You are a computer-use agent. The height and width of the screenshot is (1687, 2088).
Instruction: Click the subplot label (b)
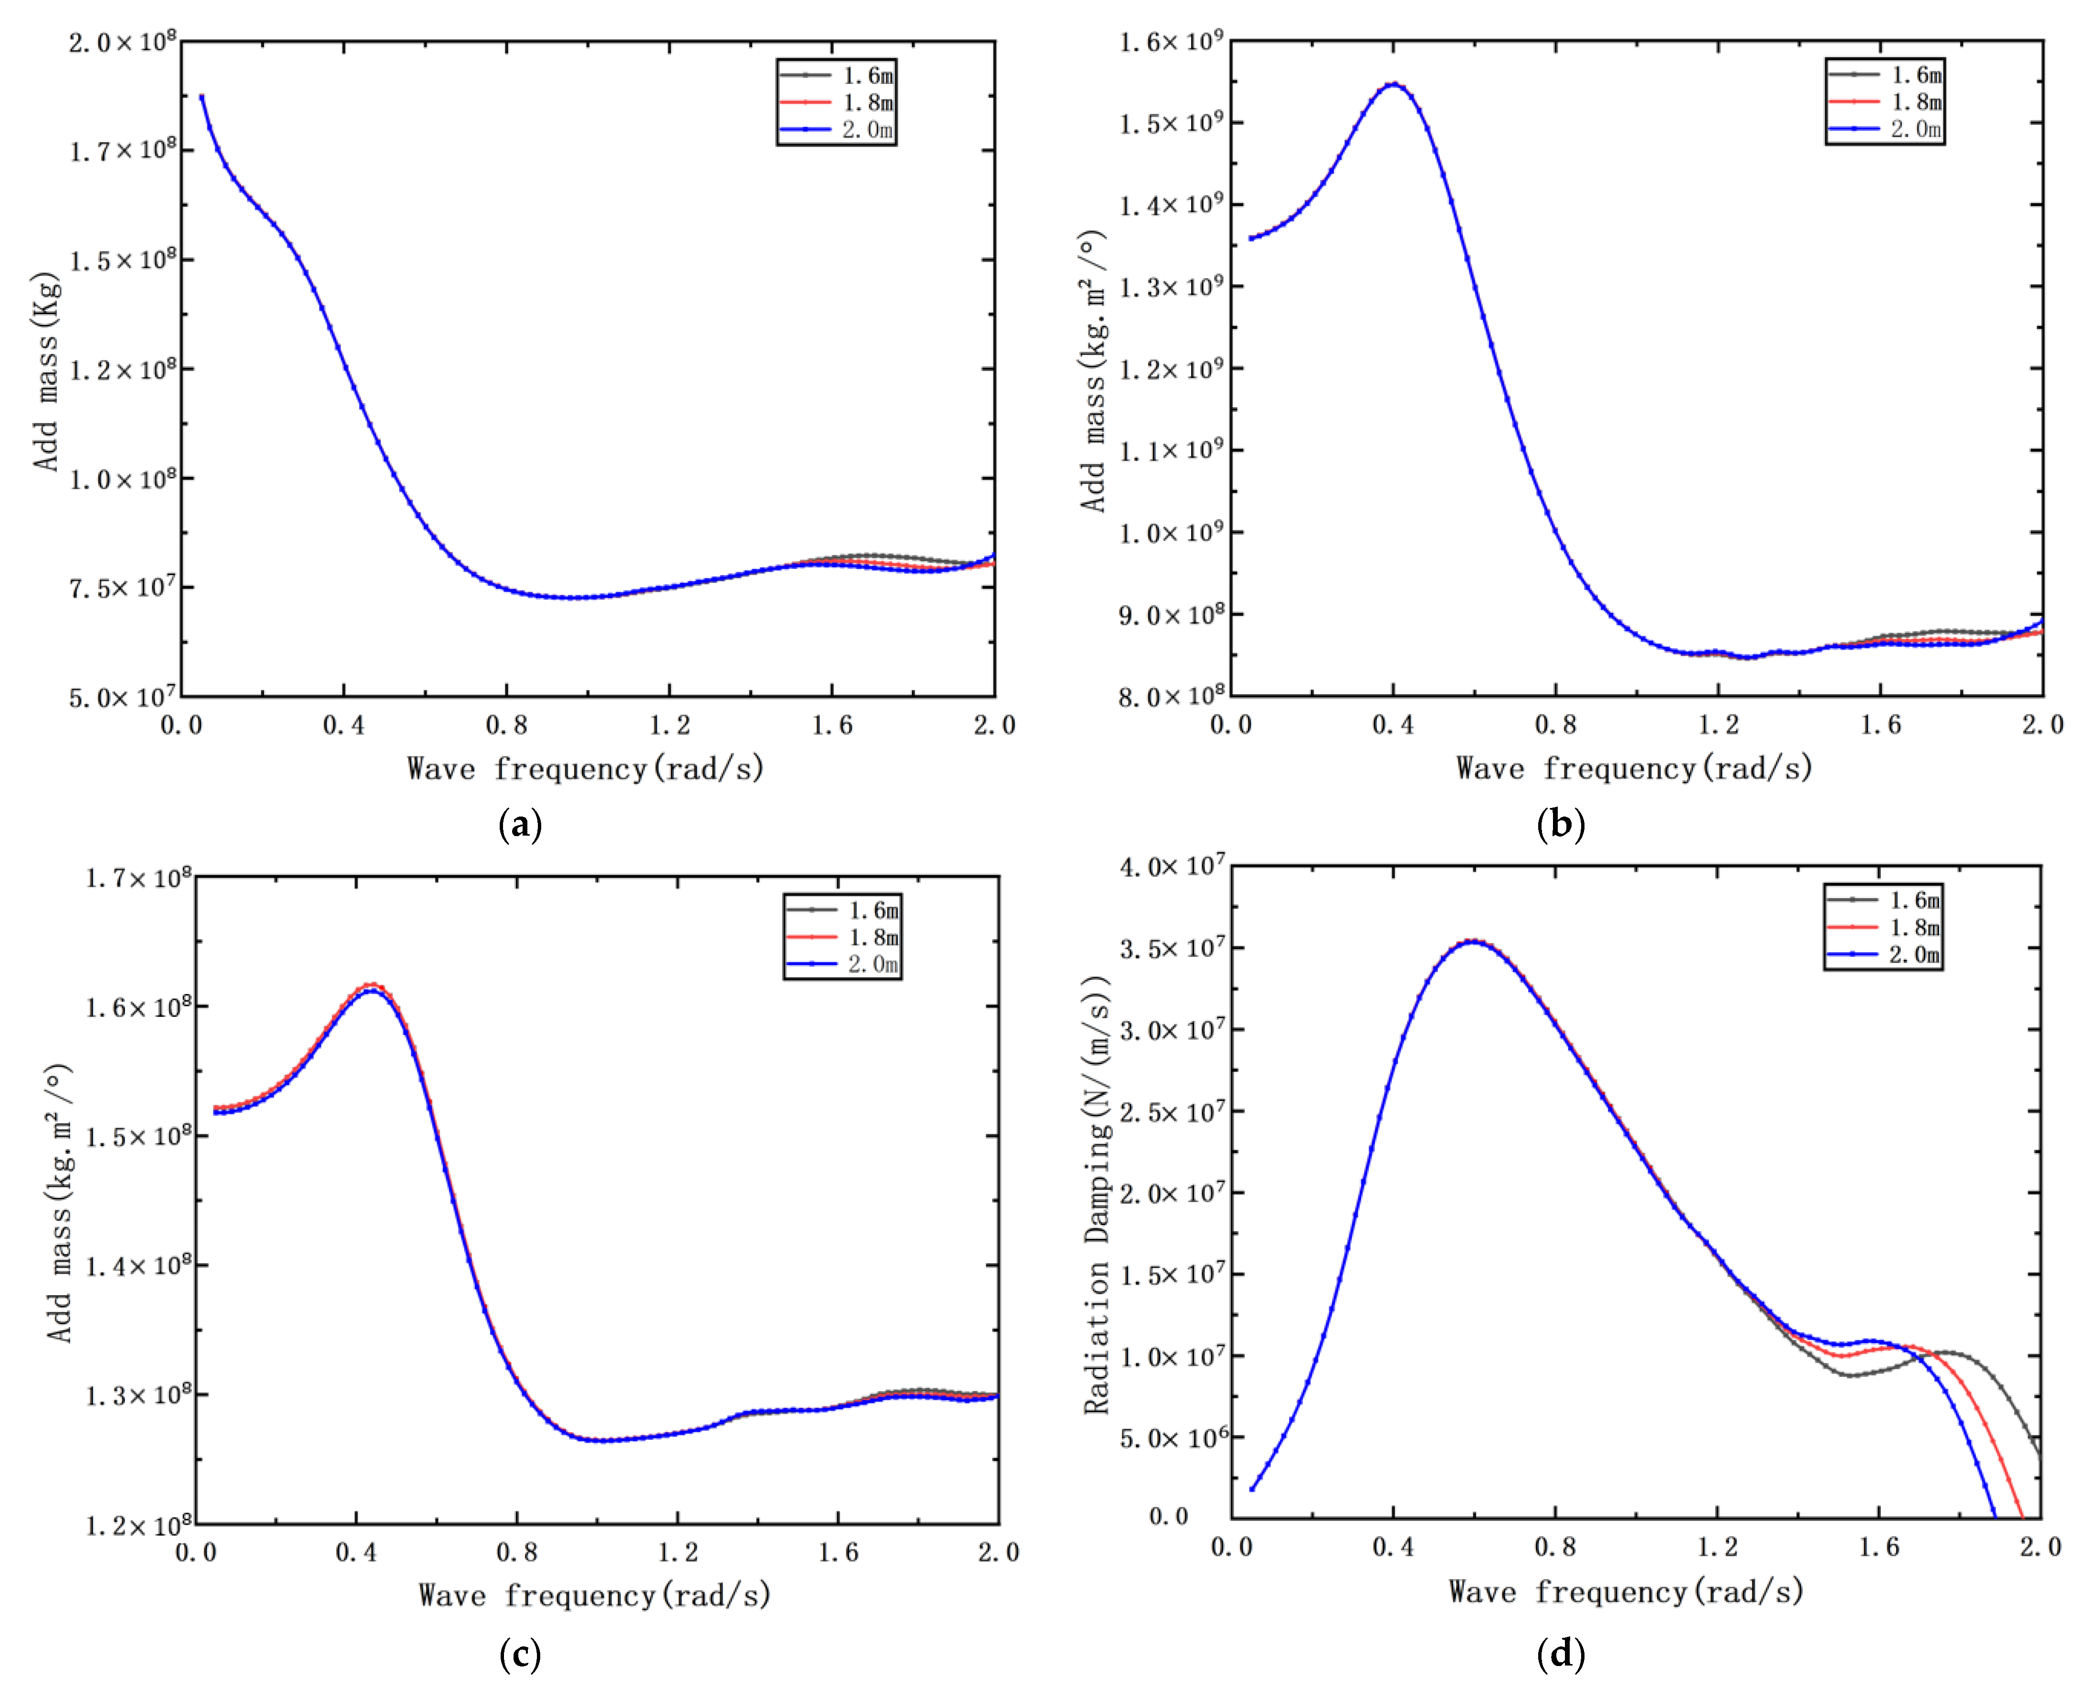coord(1561,825)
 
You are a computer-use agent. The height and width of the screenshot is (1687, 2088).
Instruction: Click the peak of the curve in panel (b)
coord(1393,84)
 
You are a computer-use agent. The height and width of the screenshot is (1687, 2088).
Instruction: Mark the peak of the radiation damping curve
coord(1473,941)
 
